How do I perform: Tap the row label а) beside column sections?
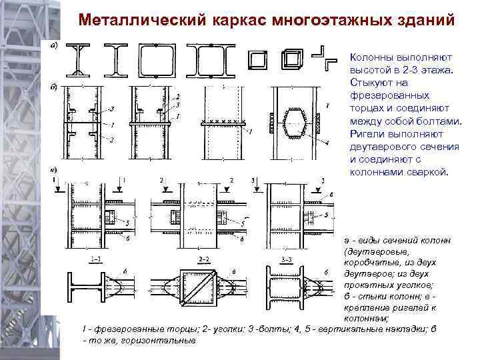(54, 45)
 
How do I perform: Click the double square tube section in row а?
(292, 60)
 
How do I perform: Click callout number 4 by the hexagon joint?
(326, 142)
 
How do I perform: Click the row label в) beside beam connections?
(54, 170)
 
